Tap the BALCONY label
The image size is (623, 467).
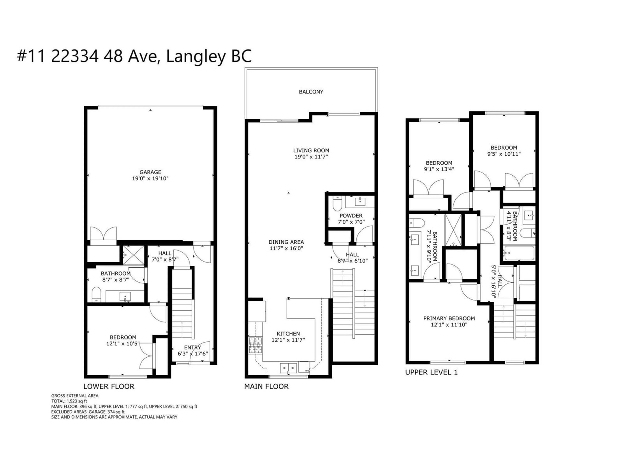coord(311,92)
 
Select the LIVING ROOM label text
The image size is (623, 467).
coord(311,151)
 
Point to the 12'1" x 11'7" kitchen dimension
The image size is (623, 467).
coord(288,340)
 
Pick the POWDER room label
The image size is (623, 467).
coord(351,216)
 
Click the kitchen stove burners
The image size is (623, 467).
coord(255,345)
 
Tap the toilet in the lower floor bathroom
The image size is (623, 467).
coord(96,294)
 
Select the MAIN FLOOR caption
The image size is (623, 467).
coord(266,387)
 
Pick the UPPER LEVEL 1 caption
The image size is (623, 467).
coord(431,372)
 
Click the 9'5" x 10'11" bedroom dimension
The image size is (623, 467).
coord(504,154)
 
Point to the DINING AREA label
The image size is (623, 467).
coord(286,242)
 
